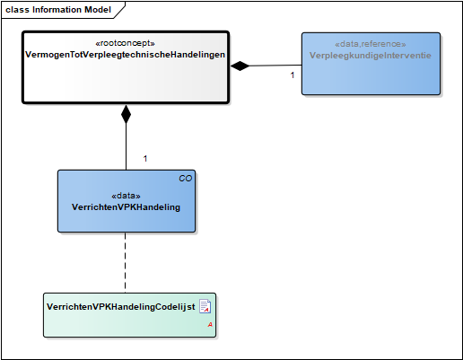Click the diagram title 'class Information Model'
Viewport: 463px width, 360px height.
[x=58, y=10]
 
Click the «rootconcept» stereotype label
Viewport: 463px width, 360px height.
[x=125, y=43]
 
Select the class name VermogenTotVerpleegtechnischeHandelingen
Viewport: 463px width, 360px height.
[x=125, y=55]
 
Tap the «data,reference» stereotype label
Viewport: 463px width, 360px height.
[x=371, y=44]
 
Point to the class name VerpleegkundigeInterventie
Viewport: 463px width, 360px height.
[x=371, y=56]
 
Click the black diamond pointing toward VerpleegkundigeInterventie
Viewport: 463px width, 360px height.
[x=240, y=66]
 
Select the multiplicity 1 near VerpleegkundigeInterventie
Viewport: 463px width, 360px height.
[x=293, y=75]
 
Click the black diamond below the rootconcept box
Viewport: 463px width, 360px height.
[x=126, y=114]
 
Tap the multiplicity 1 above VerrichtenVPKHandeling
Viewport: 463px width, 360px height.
[x=145, y=159]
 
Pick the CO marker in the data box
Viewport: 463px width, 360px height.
[x=186, y=179]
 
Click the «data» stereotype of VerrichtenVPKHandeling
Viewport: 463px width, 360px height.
[x=126, y=196]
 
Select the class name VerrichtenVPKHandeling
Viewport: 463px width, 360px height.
[x=126, y=207]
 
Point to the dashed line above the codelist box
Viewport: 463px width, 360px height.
[x=125, y=262]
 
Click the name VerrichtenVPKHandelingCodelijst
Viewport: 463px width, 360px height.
[x=121, y=307]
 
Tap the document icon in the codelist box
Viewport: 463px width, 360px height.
[x=205, y=306]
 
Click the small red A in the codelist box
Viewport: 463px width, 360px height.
[x=210, y=325]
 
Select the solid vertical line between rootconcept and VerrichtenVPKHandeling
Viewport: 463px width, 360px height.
[x=126, y=146]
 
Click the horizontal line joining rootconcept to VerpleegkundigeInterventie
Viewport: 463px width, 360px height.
[x=275, y=66]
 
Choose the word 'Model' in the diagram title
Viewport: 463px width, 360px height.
[x=98, y=10]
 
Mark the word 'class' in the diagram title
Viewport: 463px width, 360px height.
[x=17, y=10]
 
